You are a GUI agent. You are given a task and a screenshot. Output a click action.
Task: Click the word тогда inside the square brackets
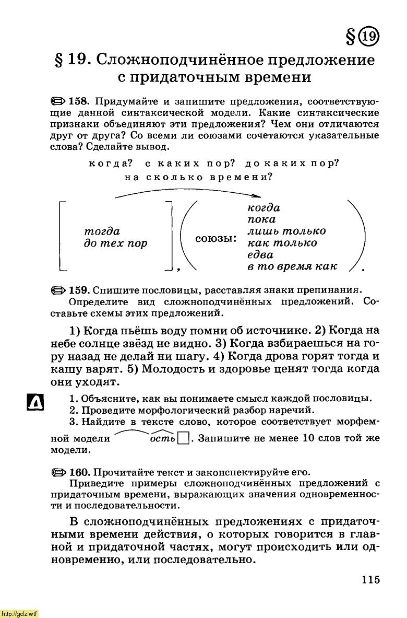pos(102,231)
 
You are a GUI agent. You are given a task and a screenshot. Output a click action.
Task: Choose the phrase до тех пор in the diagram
pos(115,243)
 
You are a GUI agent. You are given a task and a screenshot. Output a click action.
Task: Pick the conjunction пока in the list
pos(261,219)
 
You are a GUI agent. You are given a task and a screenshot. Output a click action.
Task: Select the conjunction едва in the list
pos(260,255)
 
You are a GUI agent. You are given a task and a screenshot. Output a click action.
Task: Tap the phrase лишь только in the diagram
pos(286,231)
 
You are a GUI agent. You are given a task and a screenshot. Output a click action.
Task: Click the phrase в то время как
pos(292,267)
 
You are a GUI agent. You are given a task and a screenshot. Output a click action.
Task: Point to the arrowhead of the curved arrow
pos(256,197)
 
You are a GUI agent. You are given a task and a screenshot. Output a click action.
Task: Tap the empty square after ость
pos(183,438)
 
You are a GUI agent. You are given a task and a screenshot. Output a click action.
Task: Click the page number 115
pos(369,579)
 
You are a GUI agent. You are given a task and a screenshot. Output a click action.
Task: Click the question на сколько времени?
pos(199,177)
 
